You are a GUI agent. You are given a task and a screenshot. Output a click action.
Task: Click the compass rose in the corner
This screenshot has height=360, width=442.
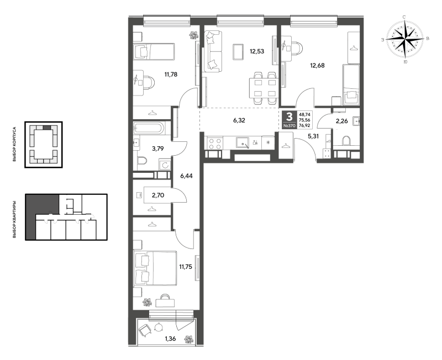pyautogui.click(x=405, y=39)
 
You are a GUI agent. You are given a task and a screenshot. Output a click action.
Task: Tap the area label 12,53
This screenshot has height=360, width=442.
pyautogui.click(x=257, y=51)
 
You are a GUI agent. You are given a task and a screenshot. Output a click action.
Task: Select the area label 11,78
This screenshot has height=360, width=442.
pyautogui.click(x=171, y=75)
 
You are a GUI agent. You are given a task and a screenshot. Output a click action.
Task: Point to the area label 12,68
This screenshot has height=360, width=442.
pyautogui.click(x=317, y=66)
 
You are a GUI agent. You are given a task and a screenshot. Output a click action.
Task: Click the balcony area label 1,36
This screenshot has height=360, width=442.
pyautogui.click(x=170, y=338)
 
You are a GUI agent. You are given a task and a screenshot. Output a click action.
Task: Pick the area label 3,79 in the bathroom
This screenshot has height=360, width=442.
pyautogui.click(x=158, y=149)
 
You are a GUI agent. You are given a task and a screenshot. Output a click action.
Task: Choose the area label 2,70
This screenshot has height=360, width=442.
pyautogui.click(x=158, y=195)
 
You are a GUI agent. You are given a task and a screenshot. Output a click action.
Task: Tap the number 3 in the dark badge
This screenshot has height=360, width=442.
pyautogui.click(x=289, y=116)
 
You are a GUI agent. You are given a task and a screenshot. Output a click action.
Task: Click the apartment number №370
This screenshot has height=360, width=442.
pyautogui.click(x=289, y=126)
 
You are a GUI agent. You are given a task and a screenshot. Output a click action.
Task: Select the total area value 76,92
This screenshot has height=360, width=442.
pyautogui.click(x=304, y=125)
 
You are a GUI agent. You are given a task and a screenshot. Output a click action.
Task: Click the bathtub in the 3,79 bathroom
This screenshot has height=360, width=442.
pyautogui.click(x=148, y=128)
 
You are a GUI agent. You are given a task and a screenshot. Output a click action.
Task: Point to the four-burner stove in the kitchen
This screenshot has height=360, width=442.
pyautogui.click(x=214, y=143)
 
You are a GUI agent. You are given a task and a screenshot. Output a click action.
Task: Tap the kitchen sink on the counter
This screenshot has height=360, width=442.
pyautogui.click(x=243, y=143)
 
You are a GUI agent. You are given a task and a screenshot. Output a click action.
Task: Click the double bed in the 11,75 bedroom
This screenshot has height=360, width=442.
pyautogui.click(x=156, y=268)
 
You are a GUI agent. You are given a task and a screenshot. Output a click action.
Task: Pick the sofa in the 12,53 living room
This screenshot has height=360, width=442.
pyautogui.click(x=213, y=51)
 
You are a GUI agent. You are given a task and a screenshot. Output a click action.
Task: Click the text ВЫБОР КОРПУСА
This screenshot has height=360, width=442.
pyautogui.click(x=14, y=144)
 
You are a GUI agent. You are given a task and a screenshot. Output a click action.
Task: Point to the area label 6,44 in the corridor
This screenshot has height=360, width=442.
pyautogui.click(x=186, y=176)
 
